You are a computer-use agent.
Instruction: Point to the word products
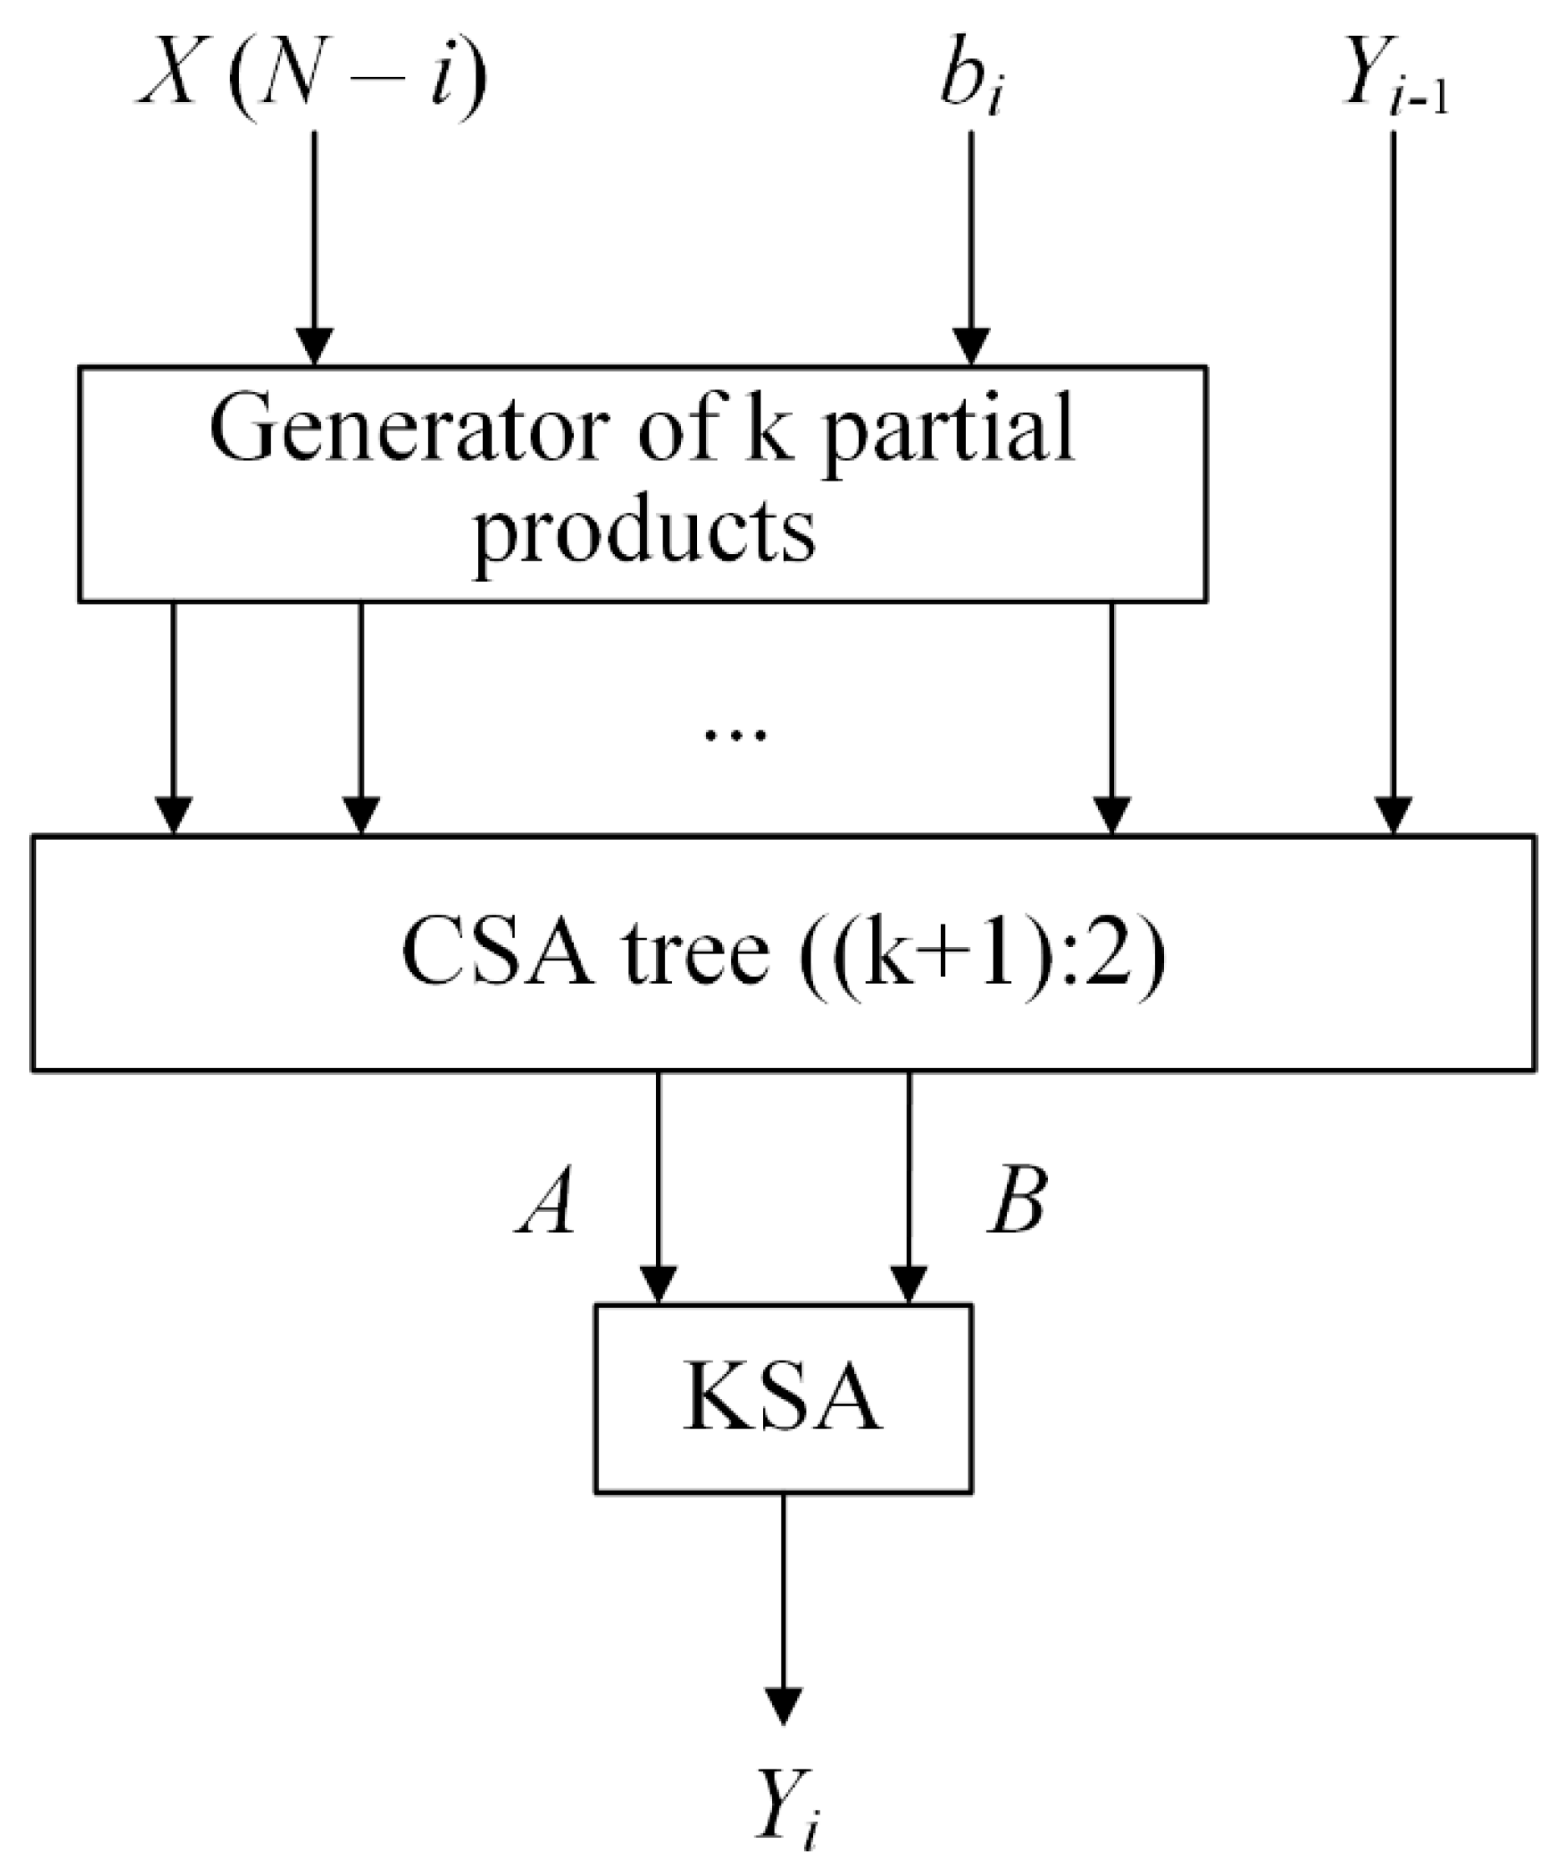coord(644,531)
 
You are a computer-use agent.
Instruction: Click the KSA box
coord(783,1398)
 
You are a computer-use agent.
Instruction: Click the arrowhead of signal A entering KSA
coord(658,1285)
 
